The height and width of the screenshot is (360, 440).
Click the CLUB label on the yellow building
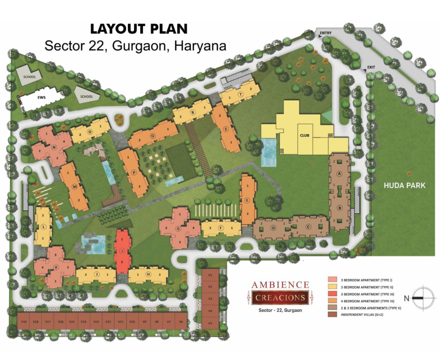[x=305, y=136]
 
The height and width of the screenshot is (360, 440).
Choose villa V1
[x=211, y=275]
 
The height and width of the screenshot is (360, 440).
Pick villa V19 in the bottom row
[x=24, y=322]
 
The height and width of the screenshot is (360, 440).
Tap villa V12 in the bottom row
[x=108, y=322]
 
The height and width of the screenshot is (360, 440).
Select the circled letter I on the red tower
[x=122, y=250]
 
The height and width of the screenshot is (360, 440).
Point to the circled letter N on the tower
[x=54, y=147]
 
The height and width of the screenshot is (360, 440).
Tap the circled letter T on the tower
[x=241, y=95]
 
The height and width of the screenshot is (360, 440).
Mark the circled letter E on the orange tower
[x=247, y=200]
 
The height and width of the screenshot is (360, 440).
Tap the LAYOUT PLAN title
[x=138, y=29]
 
